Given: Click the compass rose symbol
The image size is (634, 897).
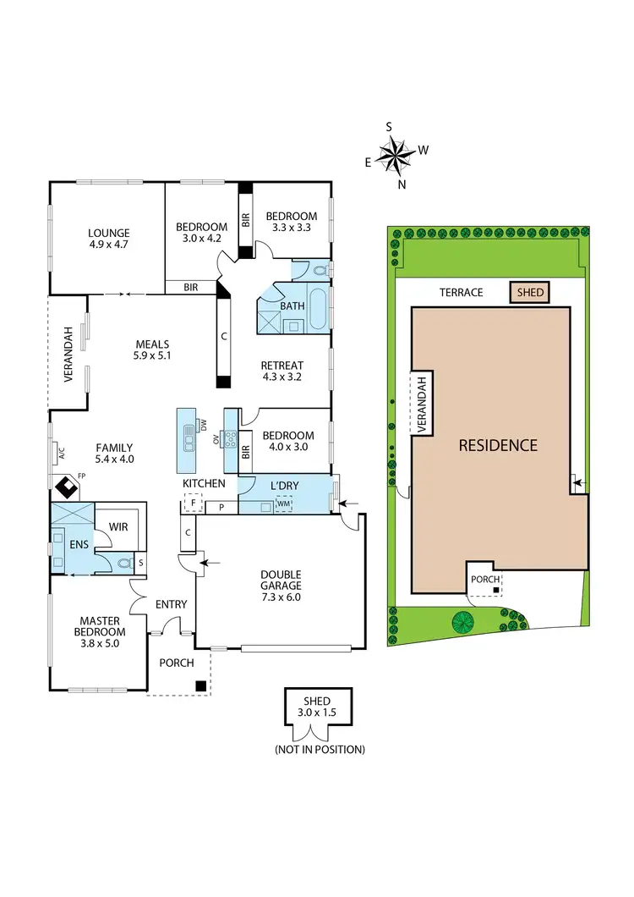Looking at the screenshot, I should click(395, 156).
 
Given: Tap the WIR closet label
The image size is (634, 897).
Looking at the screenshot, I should click(118, 526).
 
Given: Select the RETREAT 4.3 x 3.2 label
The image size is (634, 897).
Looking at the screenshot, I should click(282, 371).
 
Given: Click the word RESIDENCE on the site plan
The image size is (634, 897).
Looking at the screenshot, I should click(498, 445).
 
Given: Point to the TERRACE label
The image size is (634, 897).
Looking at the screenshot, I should click(461, 293).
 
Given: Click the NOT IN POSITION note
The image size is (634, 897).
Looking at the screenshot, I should click(320, 750).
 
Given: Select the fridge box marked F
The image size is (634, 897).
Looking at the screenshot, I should click(192, 505).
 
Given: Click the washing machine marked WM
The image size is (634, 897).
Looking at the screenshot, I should click(283, 505).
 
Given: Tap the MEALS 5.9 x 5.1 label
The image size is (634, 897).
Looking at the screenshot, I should click(153, 350).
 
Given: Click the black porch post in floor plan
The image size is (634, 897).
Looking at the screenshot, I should click(201, 686).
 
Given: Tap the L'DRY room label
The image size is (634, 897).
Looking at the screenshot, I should click(281, 485).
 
